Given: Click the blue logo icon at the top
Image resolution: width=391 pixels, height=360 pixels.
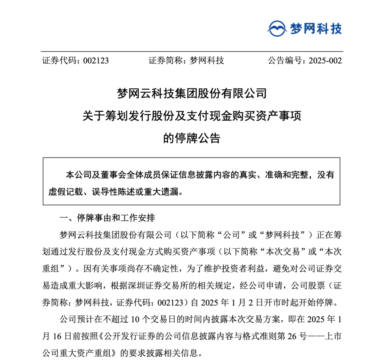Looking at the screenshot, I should point(278,28).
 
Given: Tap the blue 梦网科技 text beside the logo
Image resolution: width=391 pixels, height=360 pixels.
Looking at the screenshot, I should point(316,28).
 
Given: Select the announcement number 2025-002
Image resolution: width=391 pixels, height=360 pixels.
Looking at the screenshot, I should point(325,61).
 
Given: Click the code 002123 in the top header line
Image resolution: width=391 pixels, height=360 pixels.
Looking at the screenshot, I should point(96,61).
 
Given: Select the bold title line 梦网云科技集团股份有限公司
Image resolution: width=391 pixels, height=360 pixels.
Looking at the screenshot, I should point(192,94).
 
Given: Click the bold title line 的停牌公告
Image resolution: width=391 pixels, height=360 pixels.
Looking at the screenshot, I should point(192,138).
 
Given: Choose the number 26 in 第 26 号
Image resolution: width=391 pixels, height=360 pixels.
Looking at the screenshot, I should point(297,335).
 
